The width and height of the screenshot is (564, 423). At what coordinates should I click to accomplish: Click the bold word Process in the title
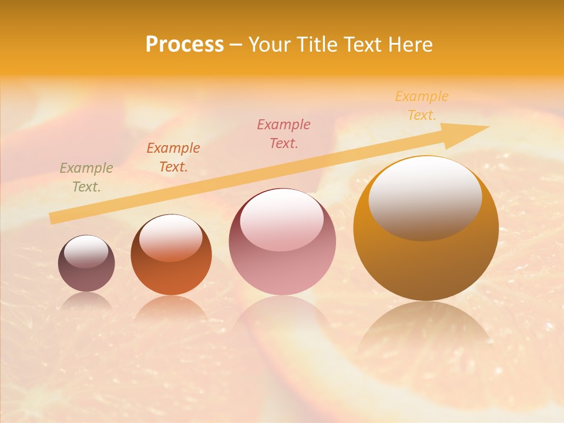(x=184, y=45)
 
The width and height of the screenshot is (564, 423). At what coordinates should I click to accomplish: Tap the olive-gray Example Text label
(x=86, y=177)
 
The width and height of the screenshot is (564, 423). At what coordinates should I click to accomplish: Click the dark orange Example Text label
(x=173, y=157)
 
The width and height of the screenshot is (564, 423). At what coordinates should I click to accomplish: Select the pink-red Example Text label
(x=284, y=133)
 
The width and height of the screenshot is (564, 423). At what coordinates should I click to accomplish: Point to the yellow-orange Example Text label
(x=422, y=106)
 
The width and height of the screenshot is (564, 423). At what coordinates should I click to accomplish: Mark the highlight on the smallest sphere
(x=86, y=251)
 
